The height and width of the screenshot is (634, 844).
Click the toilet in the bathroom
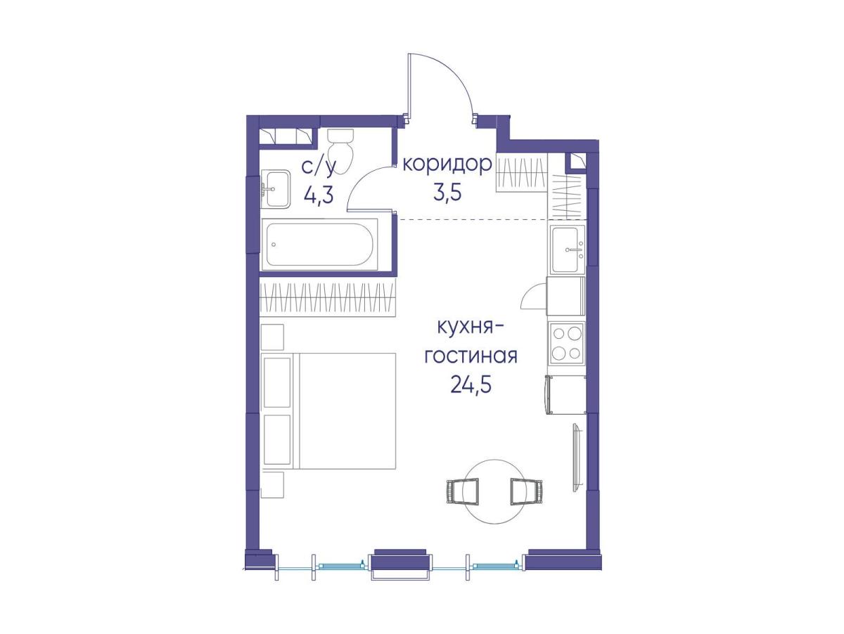[x=340, y=151]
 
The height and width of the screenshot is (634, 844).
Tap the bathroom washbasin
[x=276, y=190]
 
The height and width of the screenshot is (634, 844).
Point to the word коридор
[x=447, y=164]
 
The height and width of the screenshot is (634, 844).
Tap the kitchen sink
[x=568, y=249]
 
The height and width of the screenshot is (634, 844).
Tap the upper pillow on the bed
[x=276, y=382]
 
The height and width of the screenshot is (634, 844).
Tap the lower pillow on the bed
[x=276, y=439]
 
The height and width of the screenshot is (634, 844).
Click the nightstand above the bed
[x=273, y=337]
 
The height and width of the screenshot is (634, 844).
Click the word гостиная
[x=471, y=356]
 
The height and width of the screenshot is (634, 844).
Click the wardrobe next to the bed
[x=328, y=299]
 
